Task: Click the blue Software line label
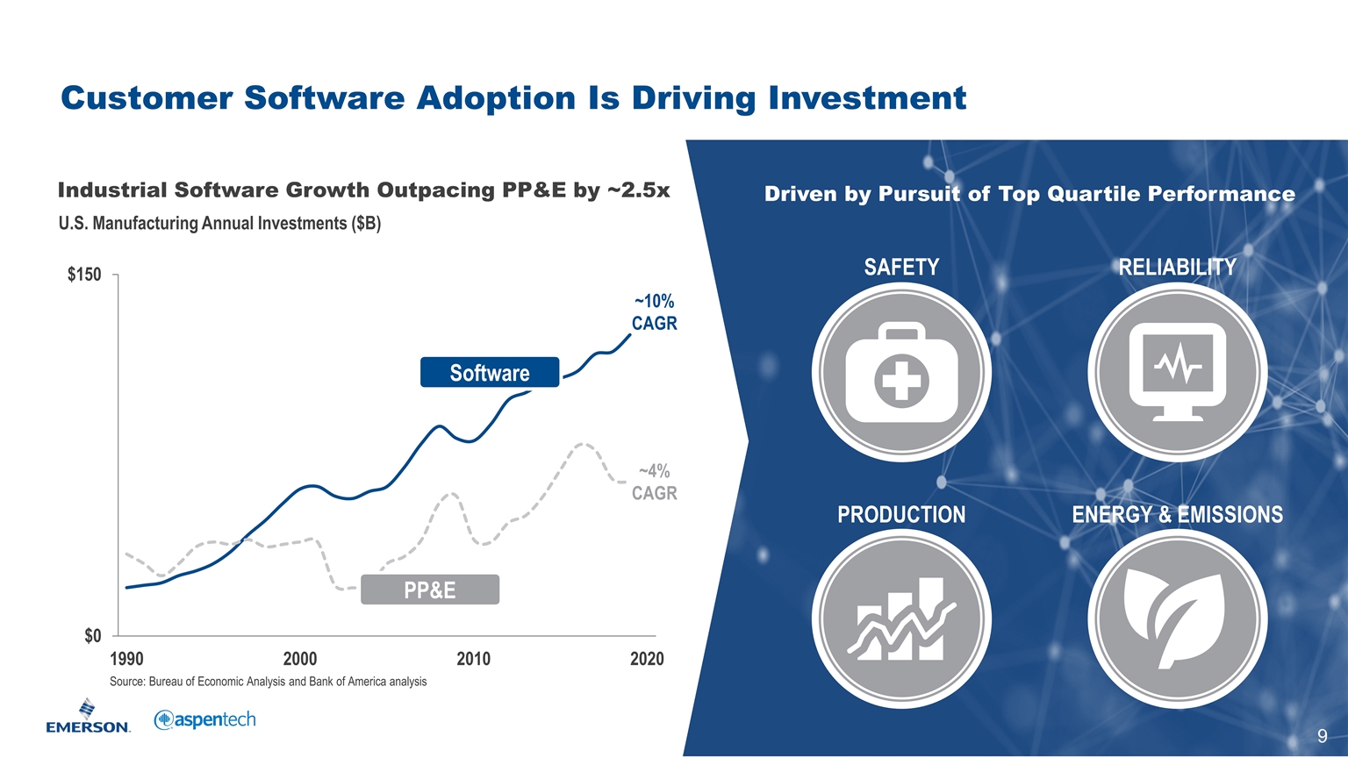coord(490,373)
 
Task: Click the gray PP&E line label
coord(430,590)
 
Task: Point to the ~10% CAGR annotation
coord(654,313)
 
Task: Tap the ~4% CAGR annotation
coord(654,483)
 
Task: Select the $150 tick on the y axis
coord(84,275)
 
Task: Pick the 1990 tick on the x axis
coord(127,659)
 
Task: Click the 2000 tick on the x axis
coord(300,659)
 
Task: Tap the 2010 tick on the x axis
coord(474,659)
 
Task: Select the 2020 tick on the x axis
coord(647,659)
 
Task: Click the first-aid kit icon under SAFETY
coord(901,373)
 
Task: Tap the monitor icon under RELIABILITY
coord(1177,372)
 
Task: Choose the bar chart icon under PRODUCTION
coord(901,619)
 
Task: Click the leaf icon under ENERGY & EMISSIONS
coord(1177,619)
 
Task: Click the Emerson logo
coord(88,717)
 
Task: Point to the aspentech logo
coord(204,720)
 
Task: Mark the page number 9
coord(1322,736)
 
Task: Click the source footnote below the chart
coord(268,682)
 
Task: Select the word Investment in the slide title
coord(867,97)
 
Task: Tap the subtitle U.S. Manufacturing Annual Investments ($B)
coord(219,223)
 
